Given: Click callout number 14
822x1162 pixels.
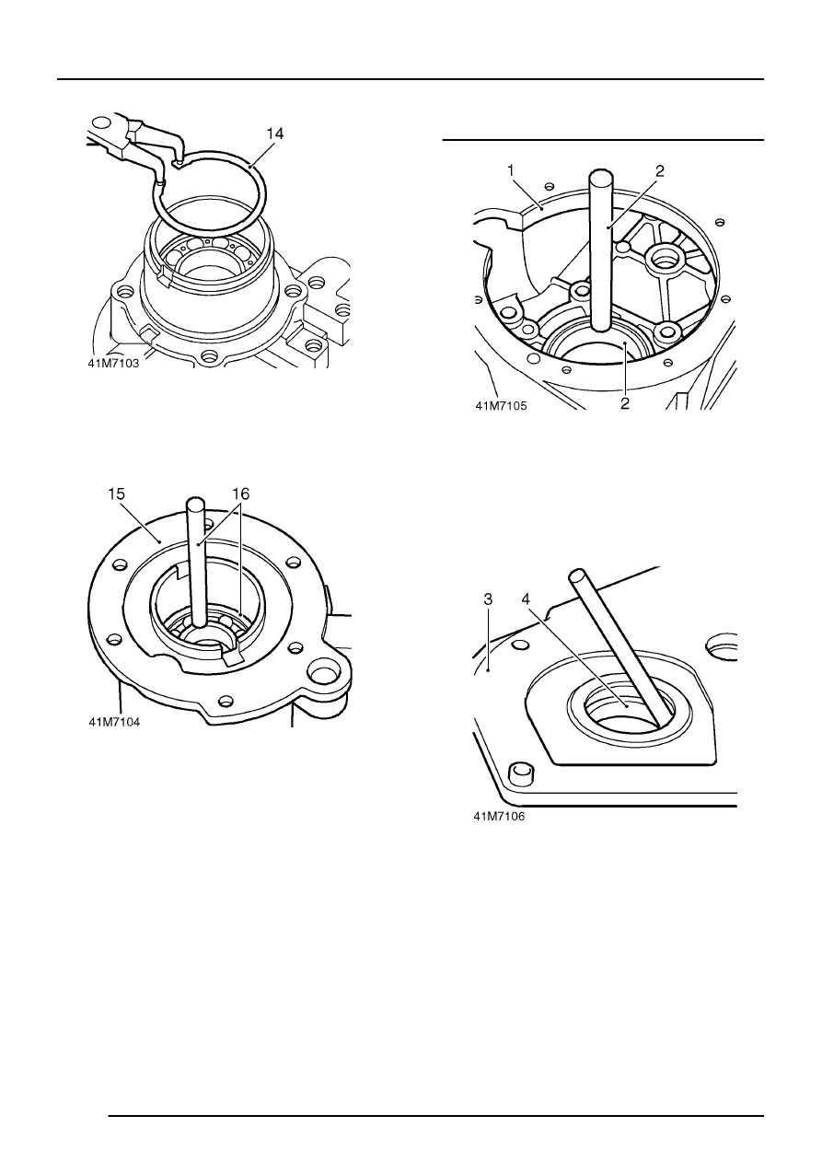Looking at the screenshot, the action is pos(275,134).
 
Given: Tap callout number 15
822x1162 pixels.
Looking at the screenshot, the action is pos(116,494).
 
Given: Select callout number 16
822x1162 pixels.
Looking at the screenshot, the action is pos(241,494).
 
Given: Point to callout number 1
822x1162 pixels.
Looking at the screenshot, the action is pos(511,170).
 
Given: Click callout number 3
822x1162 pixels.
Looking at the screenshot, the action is pos(488,599).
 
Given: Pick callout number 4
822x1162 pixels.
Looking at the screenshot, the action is pos(526,599).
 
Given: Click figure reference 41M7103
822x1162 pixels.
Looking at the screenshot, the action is pos(113,364).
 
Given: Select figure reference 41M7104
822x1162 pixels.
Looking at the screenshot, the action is pos(113,722).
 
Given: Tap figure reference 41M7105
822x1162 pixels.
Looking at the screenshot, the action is pos(501,406).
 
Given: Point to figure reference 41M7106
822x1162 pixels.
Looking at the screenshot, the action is pos(499,816).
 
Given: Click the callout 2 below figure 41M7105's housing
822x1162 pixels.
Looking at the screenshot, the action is pos(625,403).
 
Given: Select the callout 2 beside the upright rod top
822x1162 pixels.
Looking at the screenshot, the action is pos(660,170).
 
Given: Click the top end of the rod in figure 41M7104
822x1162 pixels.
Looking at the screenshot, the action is pos(195,502).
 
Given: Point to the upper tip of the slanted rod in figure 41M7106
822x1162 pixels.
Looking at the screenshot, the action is pos(575,575).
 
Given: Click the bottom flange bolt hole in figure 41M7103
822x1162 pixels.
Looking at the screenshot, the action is pos(210,355).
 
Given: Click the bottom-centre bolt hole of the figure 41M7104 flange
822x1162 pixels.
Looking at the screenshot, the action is pos(226,702).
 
